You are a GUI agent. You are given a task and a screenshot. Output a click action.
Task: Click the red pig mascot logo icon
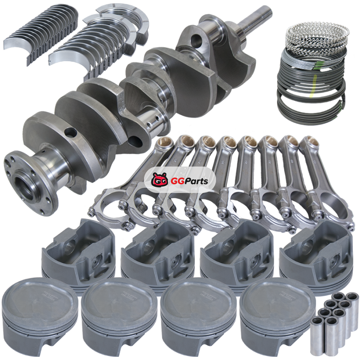[x=160, y=180]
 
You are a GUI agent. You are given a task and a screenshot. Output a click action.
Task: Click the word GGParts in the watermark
[x=189, y=181]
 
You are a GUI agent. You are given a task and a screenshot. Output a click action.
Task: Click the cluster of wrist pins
[x=335, y=323]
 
